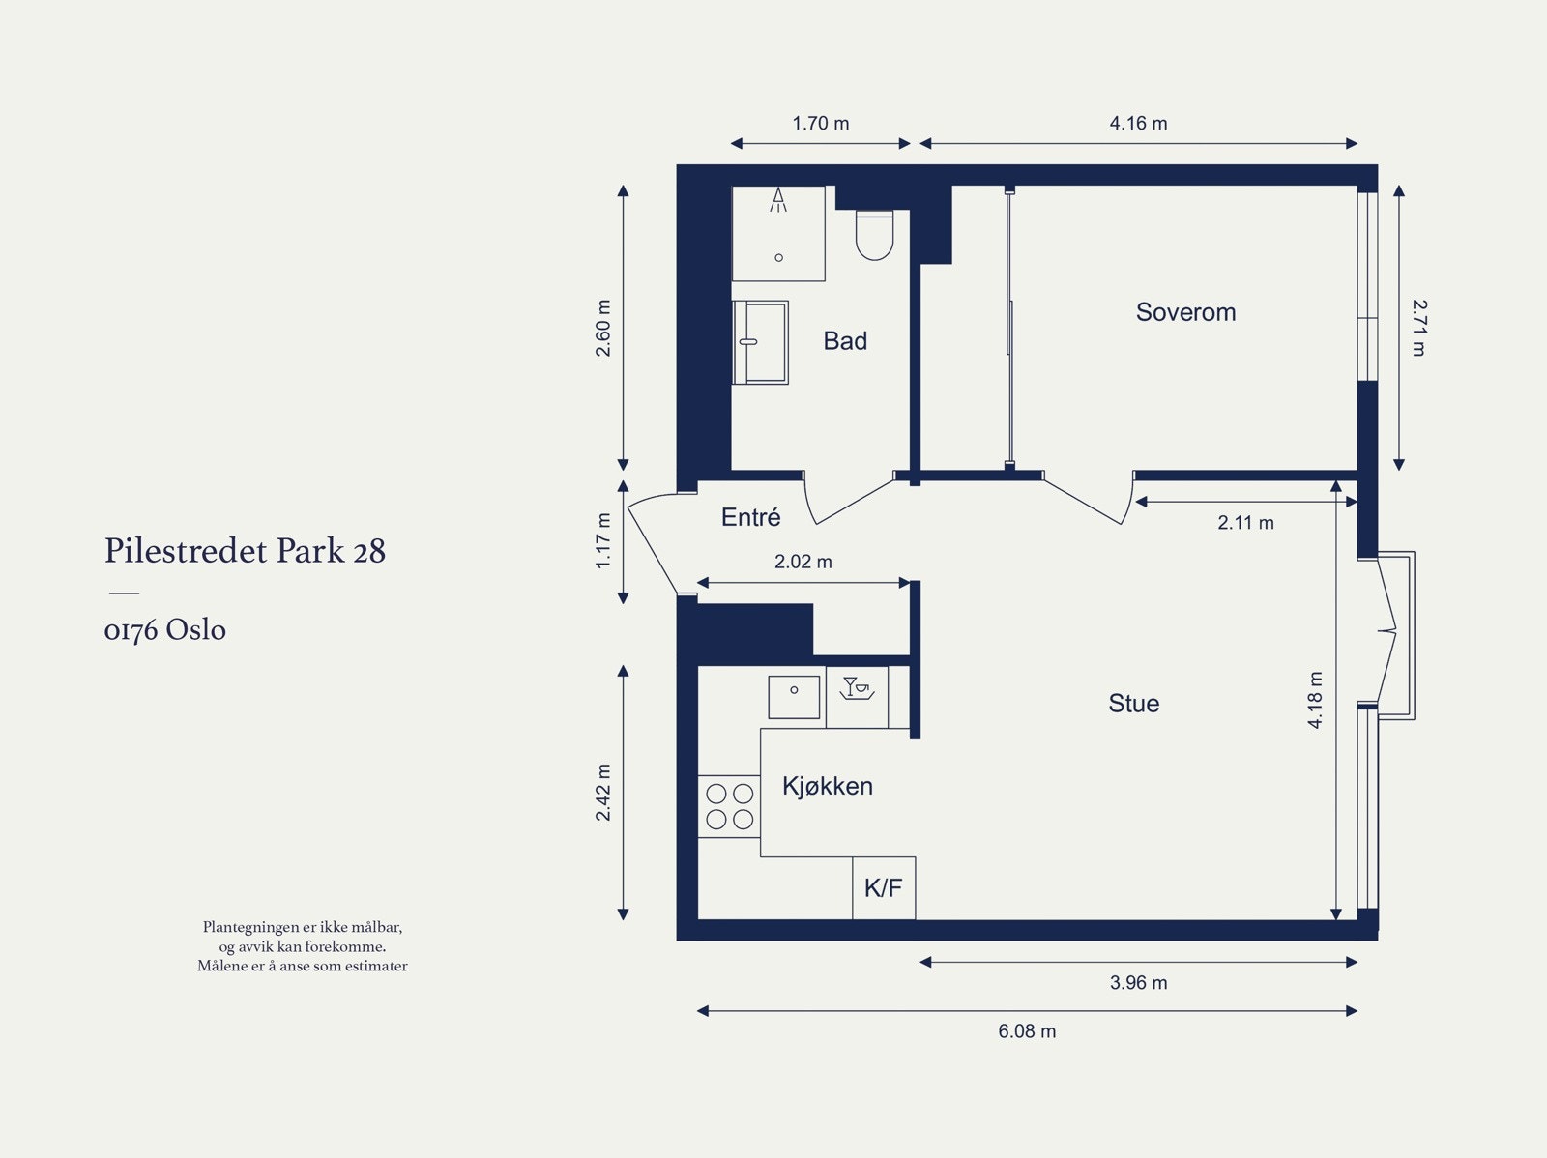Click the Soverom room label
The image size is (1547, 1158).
pyautogui.click(x=1185, y=312)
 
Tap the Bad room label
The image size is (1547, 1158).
pyautogui.click(x=845, y=341)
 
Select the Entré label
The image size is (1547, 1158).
pyautogui.click(x=750, y=517)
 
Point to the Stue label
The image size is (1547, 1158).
pyautogui.click(x=1133, y=703)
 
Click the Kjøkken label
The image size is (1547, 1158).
pyautogui.click(x=828, y=786)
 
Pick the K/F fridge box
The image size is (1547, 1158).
pyautogui.click(x=884, y=887)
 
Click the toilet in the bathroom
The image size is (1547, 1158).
pyautogui.click(x=875, y=235)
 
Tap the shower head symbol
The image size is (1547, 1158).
pyautogui.click(x=778, y=200)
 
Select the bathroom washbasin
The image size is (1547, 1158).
pyautogui.click(x=761, y=342)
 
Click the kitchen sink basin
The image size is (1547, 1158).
pyautogui.click(x=794, y=697)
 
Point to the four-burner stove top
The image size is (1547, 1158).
pyautogui.click(x=729, y=806)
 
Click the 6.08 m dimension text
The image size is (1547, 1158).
pyautogui.click(x=1027, y=1031)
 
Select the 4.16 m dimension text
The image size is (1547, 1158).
pyautogui.click(x=1138, y=124)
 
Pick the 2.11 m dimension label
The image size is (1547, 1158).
pyautogui.click(x=1245, y=523)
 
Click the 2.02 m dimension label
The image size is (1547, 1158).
pyautogui.click(x=803, y=562)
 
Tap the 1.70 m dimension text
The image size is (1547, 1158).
pyautogui.click(x=820, y=124)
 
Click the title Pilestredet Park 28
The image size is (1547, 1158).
pyautogui.click(x=246, y=551)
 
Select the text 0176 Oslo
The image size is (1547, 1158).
pyautogui.click(x=165, y=629)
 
